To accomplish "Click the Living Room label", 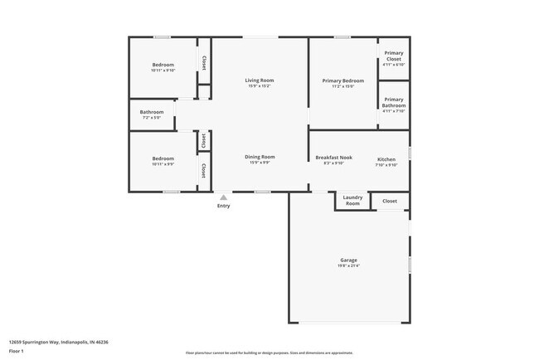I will pos(259,80).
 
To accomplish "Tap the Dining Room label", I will pos(260,157).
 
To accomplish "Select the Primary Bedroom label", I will pos(343,80).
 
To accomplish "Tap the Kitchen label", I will pos(386,158).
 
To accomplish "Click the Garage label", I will pos(348,260).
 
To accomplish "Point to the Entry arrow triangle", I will pos(223,197).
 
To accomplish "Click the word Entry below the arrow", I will pos(223,206).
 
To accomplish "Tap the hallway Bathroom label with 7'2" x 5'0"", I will pos(152,112).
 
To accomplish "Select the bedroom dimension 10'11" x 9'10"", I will pos(163,71).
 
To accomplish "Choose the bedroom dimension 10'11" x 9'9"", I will pos(163,164).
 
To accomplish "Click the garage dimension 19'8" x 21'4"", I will pos(348,266).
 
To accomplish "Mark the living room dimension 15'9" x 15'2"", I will pos(259,85).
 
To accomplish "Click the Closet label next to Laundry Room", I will pos(390,201).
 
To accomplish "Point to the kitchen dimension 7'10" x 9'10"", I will pos(386,164).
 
